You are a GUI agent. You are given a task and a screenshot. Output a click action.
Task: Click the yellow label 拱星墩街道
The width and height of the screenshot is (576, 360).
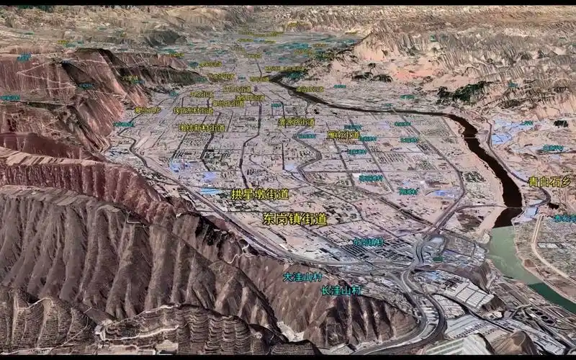click(260, 194)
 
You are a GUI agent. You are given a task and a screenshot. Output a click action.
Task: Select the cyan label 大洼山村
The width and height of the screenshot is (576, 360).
click(302, 276)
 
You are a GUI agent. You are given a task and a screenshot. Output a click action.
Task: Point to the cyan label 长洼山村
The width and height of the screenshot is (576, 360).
click(341, 291)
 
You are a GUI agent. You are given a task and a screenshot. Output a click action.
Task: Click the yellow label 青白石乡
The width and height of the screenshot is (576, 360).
click(550, 182)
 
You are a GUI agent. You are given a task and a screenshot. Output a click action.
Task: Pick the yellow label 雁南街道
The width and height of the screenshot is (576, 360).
click(343, 135)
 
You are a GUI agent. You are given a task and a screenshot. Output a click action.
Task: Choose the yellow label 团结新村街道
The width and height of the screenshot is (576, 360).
click(202, 127)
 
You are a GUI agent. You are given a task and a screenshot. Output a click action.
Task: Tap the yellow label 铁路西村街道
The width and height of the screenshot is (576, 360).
click(194, 111)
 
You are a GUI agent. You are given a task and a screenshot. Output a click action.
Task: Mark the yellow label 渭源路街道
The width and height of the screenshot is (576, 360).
click(297, 122)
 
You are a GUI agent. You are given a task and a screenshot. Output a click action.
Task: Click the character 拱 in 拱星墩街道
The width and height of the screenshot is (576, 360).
click(237, 194)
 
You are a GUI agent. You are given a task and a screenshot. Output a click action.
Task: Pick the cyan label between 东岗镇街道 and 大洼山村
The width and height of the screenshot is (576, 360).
click(368, 243)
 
